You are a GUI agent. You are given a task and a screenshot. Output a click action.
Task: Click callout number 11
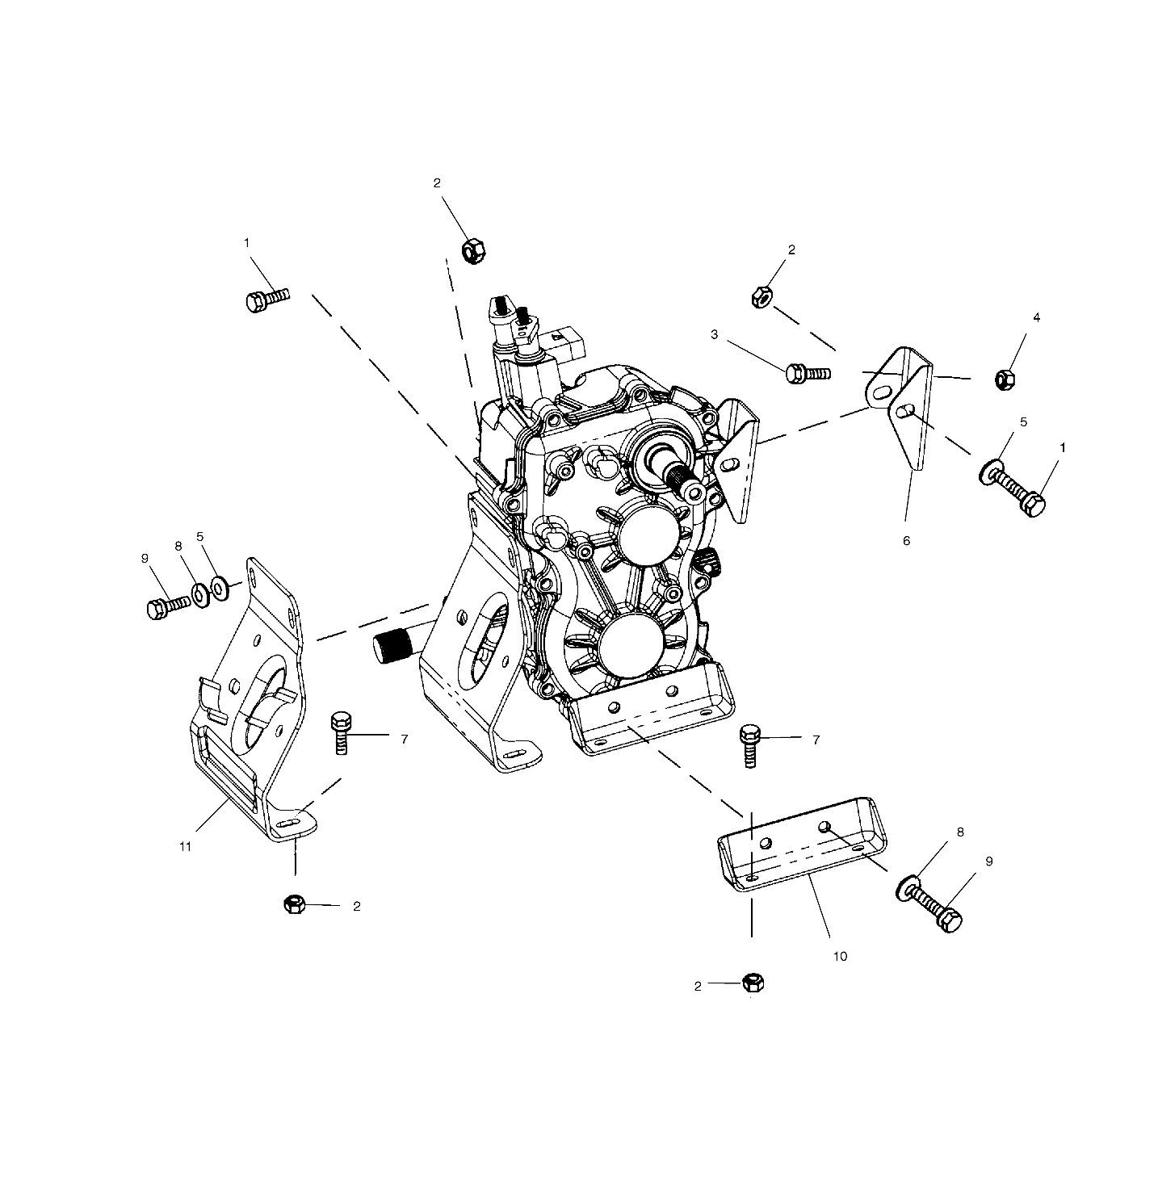[x=185, y=847]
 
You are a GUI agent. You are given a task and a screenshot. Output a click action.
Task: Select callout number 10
[x=840, y=956]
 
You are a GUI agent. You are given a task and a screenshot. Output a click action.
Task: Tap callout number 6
[x=906, y=540]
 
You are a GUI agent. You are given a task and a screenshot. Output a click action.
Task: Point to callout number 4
[x=1036, y=317]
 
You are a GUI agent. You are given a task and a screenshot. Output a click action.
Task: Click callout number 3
[x=715, y=334]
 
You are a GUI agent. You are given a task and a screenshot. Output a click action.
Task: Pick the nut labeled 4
[x=1005, y=379]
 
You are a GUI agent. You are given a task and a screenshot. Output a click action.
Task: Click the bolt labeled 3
[x=808, y=373]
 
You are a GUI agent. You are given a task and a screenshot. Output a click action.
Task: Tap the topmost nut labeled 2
[x=473, y=251]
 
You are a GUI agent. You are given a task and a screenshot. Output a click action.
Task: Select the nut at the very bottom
[x=753, y=982]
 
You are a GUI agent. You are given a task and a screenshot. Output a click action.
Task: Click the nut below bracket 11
[x=294, y=903]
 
